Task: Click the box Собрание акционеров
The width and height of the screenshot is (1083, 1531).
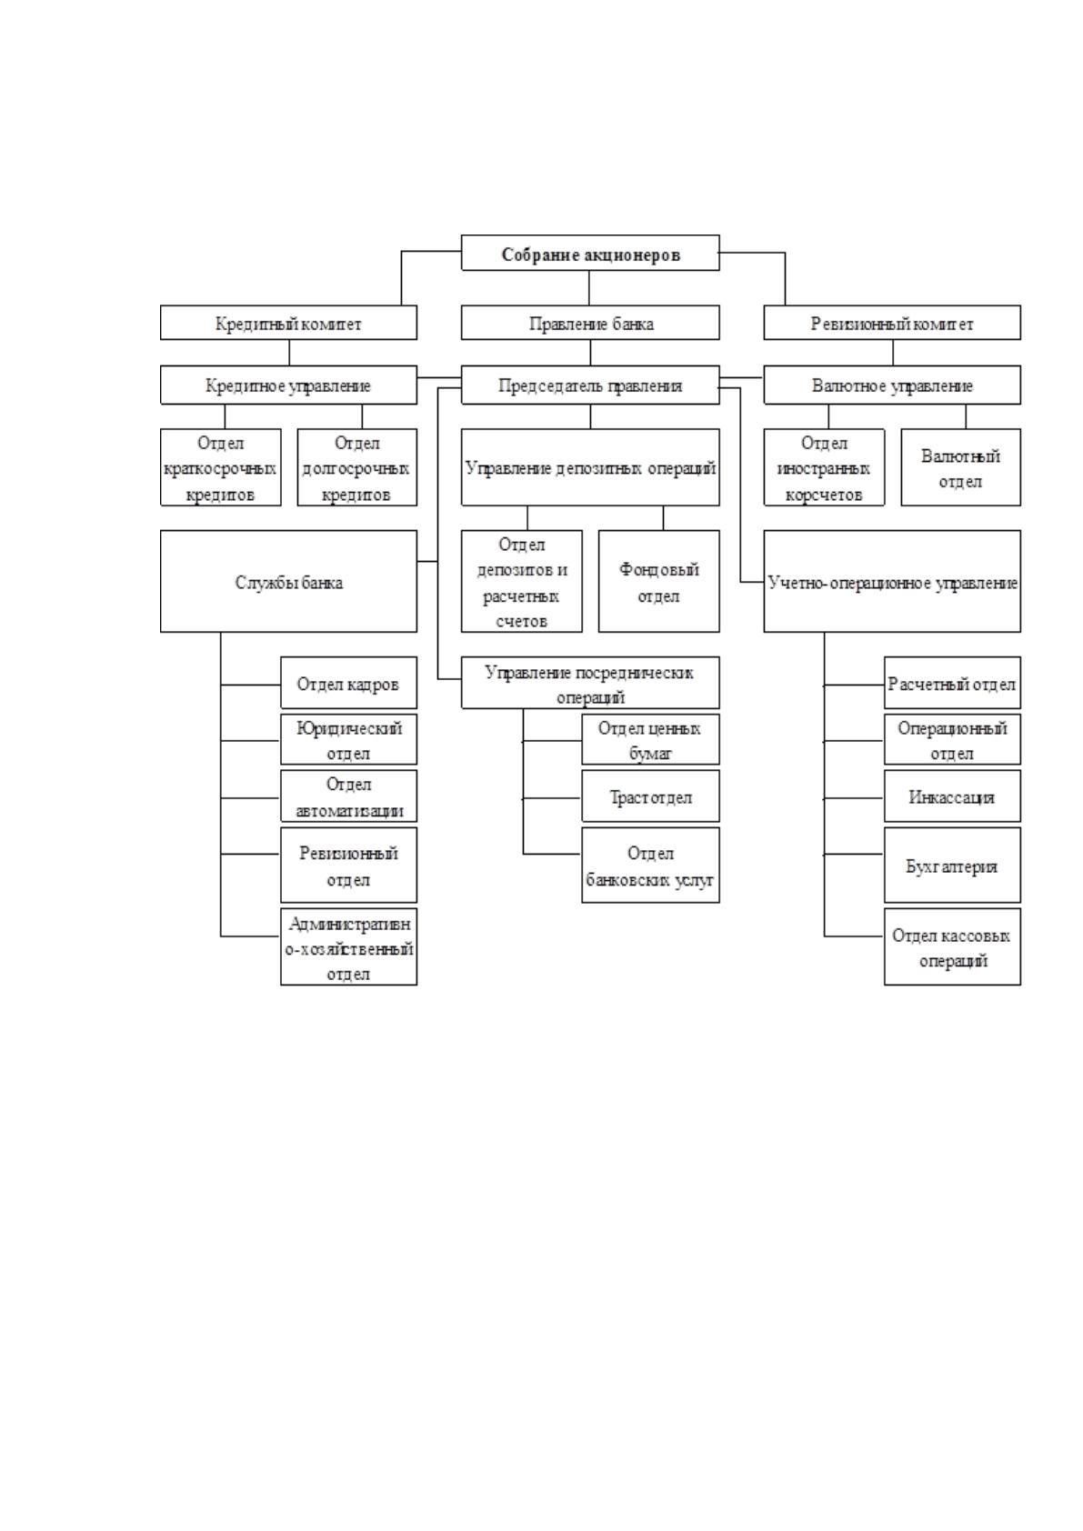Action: coord(590,253)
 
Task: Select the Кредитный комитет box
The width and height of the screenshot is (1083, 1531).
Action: coord(288,323)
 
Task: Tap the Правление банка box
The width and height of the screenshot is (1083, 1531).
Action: coord(590,323)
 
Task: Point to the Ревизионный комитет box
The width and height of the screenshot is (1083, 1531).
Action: coord(892,323)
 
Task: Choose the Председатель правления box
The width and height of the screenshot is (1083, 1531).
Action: coord(590,385)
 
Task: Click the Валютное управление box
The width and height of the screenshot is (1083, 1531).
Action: coord(892,385)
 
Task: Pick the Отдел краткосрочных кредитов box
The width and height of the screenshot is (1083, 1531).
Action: coord(221,467)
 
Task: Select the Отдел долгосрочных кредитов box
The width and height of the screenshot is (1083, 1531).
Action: coord(356,467)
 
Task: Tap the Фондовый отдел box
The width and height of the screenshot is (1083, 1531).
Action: coord(659,581)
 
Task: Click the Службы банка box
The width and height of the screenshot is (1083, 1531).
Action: coord(288,581)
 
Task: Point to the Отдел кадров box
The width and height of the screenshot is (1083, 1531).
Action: coord(348,683)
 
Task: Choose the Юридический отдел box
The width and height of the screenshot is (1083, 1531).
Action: coord(348,739)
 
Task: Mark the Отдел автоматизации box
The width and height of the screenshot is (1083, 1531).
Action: coord(348,796)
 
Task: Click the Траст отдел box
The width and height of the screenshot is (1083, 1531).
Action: coord(651,796)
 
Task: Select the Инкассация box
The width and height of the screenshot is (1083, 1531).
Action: coord(952,796)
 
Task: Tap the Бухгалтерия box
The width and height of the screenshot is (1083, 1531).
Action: coord(952,866)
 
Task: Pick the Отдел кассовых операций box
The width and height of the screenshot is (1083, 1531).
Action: coord(952,946)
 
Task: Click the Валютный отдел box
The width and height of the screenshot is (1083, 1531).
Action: coord(960,467)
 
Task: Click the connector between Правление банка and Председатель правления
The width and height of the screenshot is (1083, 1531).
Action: coord(591,353)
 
